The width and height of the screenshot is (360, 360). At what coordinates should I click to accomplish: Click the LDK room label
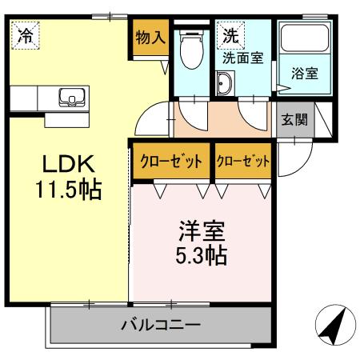pyautogui.click(x=68, y=165)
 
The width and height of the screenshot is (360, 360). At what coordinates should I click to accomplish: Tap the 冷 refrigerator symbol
pyautogui.click(x=26, y=35)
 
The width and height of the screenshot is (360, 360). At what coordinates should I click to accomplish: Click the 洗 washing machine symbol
pyautogui.click(x=230, y=35)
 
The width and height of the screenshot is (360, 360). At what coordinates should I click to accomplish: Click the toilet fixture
pyautogui.click(x=191, y=51)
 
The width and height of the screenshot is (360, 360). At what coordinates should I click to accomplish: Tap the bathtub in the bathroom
pyautogui.click(x=305, y=44)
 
